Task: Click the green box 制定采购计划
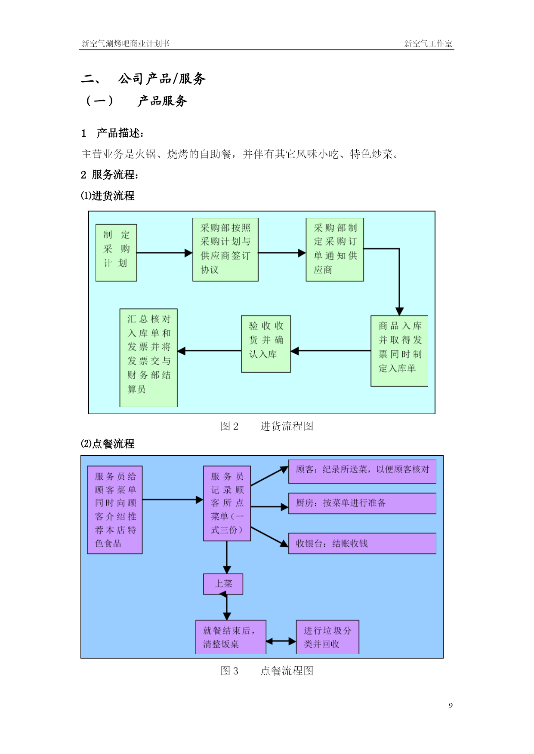(x=116, y=253)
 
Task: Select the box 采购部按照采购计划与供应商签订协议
(x=225, y=250)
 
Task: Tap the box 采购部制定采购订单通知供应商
(x=335, y=250)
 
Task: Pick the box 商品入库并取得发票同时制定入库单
(x=399, y=351)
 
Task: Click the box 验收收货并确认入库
(x=266, y=344)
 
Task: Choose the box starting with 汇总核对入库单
(x=148, y=358)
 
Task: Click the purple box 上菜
(x=223, y=584)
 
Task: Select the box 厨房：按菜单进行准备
(x=362, y=503)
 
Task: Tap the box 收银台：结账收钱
(x=362, y=543)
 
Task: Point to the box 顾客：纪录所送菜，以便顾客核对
(x=362, y=472)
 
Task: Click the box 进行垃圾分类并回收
(x=328, y=637)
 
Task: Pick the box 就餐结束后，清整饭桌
(x=231, y=637)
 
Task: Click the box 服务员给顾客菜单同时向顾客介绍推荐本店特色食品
(x=115, y=510)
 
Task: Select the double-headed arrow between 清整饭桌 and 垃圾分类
(x=281, y=641)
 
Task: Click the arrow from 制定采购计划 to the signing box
(x=164, y=253)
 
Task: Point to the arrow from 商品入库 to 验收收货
(x=331, y=351)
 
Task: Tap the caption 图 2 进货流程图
(x=267, y=426)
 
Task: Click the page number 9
(x=451, y=705)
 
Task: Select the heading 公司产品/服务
(x=162, y=79)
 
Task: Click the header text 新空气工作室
(x=428, y=43)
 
